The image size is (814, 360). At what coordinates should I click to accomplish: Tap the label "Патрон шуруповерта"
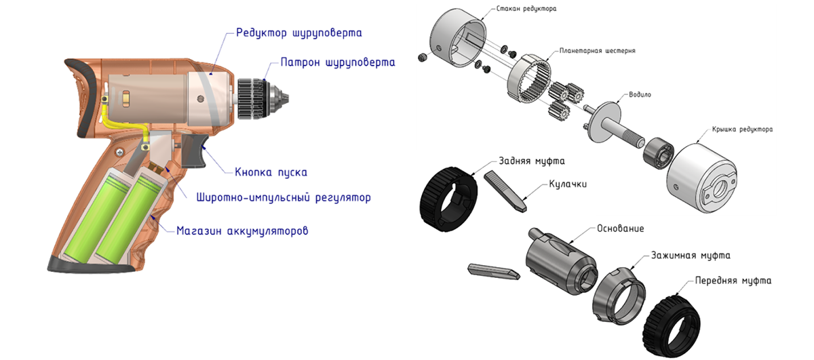click(337, 62)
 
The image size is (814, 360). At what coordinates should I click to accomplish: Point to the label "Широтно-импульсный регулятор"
click(284, 199)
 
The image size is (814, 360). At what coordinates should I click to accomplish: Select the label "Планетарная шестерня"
click(597, 51)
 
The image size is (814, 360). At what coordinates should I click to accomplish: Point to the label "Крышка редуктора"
click(742, 129)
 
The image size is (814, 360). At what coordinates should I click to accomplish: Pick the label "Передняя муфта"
click(733, 279)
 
